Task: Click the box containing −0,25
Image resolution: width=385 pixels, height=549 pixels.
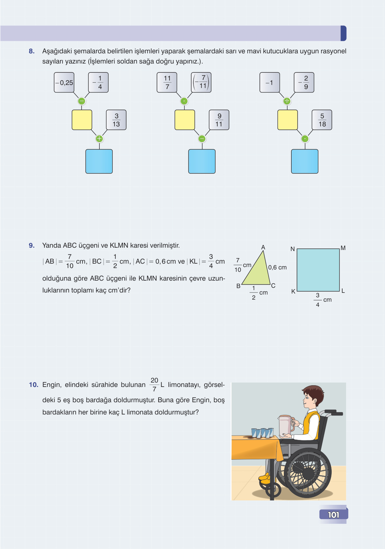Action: click(x=64, y=82)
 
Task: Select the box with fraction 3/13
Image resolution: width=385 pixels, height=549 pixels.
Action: click(x=116, y=120)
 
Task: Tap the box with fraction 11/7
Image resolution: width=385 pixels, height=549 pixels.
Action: click(x=167, y=82)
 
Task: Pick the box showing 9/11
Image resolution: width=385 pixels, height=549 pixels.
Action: click(x=219, y=120)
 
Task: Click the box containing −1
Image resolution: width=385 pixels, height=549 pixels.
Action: click(x=270, y=82)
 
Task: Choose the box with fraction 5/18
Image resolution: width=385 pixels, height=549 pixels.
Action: click(x=322, y=120)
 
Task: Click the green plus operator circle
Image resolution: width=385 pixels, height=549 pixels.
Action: click(x=99, y=139)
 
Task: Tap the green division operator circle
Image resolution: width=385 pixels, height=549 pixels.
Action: click(x=287, y=101)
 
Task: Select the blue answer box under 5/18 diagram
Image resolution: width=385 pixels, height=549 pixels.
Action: click(x=305, y=161)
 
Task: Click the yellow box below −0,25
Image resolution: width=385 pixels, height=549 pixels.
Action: click(x=82, y=120)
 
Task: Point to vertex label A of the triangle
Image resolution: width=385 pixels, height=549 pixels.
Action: click(x=263, y=247)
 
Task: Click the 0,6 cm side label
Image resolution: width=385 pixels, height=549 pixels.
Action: click(x=277, y=267)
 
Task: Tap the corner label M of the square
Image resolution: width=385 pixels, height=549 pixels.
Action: click(x=343, y=248)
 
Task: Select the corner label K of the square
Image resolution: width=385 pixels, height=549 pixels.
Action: click(x=293, y=291)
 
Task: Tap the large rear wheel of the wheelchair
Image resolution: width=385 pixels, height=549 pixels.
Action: click(x=308, y=473)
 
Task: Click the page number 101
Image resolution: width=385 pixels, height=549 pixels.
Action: click(x=333, y=515)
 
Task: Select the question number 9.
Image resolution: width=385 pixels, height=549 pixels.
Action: click(x=32, y=245)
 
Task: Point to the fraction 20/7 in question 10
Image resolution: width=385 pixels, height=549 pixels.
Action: click(x=154, y=385)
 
